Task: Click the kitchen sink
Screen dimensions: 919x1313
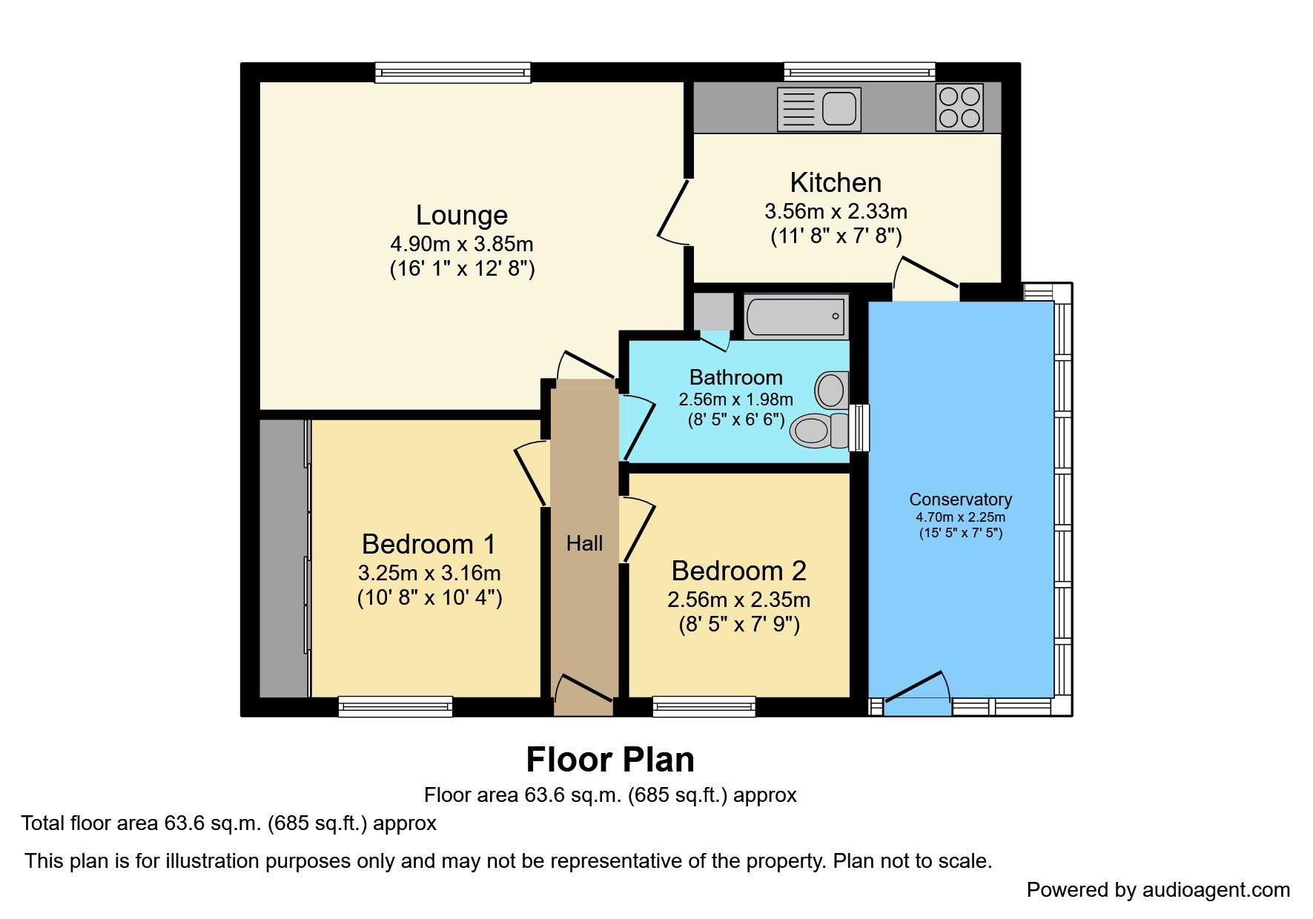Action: click(x=818, y=109)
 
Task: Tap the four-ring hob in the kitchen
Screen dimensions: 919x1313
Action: click(x=959, y=107)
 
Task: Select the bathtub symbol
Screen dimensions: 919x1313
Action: click(x=796, y=316)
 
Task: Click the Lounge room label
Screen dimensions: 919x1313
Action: click(x=461, y=215)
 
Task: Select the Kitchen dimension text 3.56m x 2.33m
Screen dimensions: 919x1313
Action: click(x=836, y=211)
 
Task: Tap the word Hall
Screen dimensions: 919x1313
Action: click(x=584, y=543)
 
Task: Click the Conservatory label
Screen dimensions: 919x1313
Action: click(x=960, y=500)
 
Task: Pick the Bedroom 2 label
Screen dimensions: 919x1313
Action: click(x=738, y=571)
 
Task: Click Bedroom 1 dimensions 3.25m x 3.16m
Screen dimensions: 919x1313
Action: click(x=429, y=573)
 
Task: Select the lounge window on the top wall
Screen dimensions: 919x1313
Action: click(x=452, y=72)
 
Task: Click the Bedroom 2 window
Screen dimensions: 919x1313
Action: click(x=704, y=706)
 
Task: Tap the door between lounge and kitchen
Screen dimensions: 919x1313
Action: click(x=673, y=211)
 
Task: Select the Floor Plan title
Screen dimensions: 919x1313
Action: click(x=609, y=760)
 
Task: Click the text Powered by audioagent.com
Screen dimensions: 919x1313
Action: click(x=1157, y=889)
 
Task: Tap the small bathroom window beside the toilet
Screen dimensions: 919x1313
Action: click(x=859, y=428)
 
